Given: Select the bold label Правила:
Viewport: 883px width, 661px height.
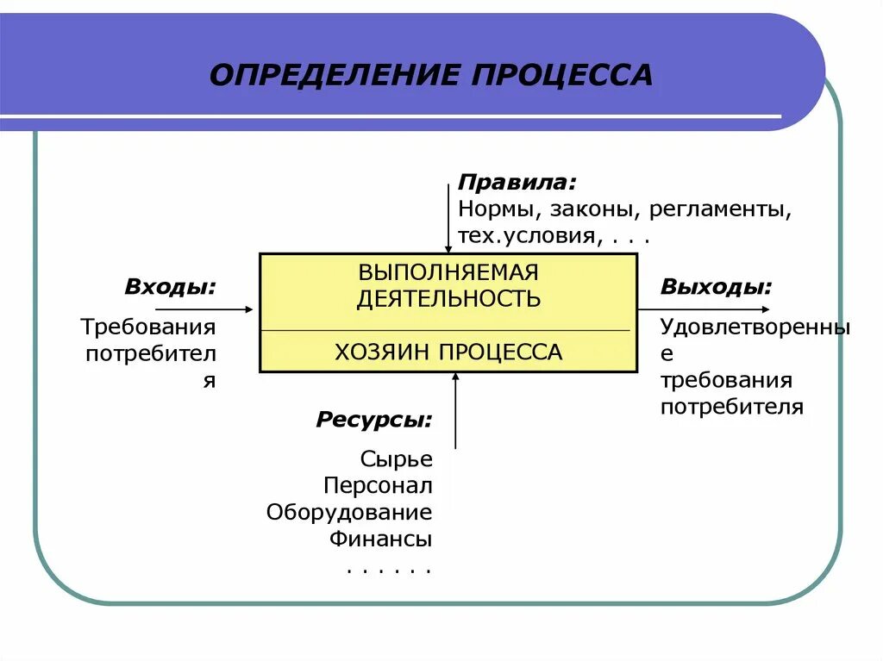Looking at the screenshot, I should point(517,183).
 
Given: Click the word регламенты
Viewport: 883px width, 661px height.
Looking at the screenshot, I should point(720,209).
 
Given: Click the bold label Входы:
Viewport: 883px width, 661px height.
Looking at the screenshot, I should point(171,287).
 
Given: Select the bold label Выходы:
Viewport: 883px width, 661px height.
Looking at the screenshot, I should point(717,287).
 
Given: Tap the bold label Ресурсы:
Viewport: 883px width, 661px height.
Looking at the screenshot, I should point(374,421).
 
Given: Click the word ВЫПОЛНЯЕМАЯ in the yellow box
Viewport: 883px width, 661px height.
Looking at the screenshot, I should point(448,272).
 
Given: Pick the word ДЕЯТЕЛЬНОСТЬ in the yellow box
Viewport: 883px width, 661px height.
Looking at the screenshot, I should point(448,299).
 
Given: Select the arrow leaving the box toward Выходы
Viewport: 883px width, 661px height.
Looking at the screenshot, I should point(703,309).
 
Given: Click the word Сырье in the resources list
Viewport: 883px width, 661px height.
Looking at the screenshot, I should point(397,459).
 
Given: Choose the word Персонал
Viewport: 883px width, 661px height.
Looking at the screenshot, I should point(379,485).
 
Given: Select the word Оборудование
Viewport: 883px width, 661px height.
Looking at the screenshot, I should point(349,512).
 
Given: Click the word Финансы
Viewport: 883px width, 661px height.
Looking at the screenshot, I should point(380,539).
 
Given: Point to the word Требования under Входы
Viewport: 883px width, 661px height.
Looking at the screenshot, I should point(148,327).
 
